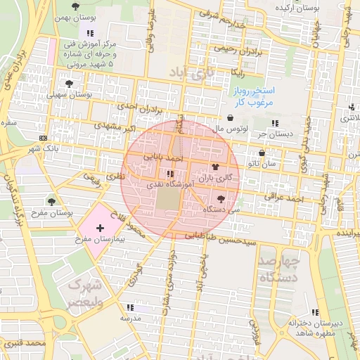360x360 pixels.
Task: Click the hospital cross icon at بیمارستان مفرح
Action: coord(100,228)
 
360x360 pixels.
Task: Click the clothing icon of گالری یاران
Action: coord(214,167)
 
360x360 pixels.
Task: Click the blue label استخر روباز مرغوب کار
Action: coord(254,97)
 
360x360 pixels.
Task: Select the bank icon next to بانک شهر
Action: coord(44,138)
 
